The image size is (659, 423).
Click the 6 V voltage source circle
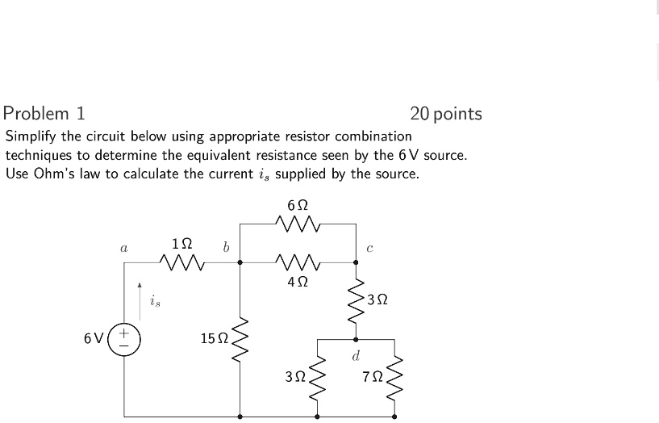(125, 338)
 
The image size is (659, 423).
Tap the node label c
(369, 249)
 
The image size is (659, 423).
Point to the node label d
(356, 354)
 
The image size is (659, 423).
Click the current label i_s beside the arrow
(155, 302)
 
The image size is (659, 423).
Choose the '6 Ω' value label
(296, 205)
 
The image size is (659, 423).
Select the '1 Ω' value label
(182, 243)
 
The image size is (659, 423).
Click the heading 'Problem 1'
(44, 113)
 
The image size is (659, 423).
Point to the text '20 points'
(445, 114)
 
